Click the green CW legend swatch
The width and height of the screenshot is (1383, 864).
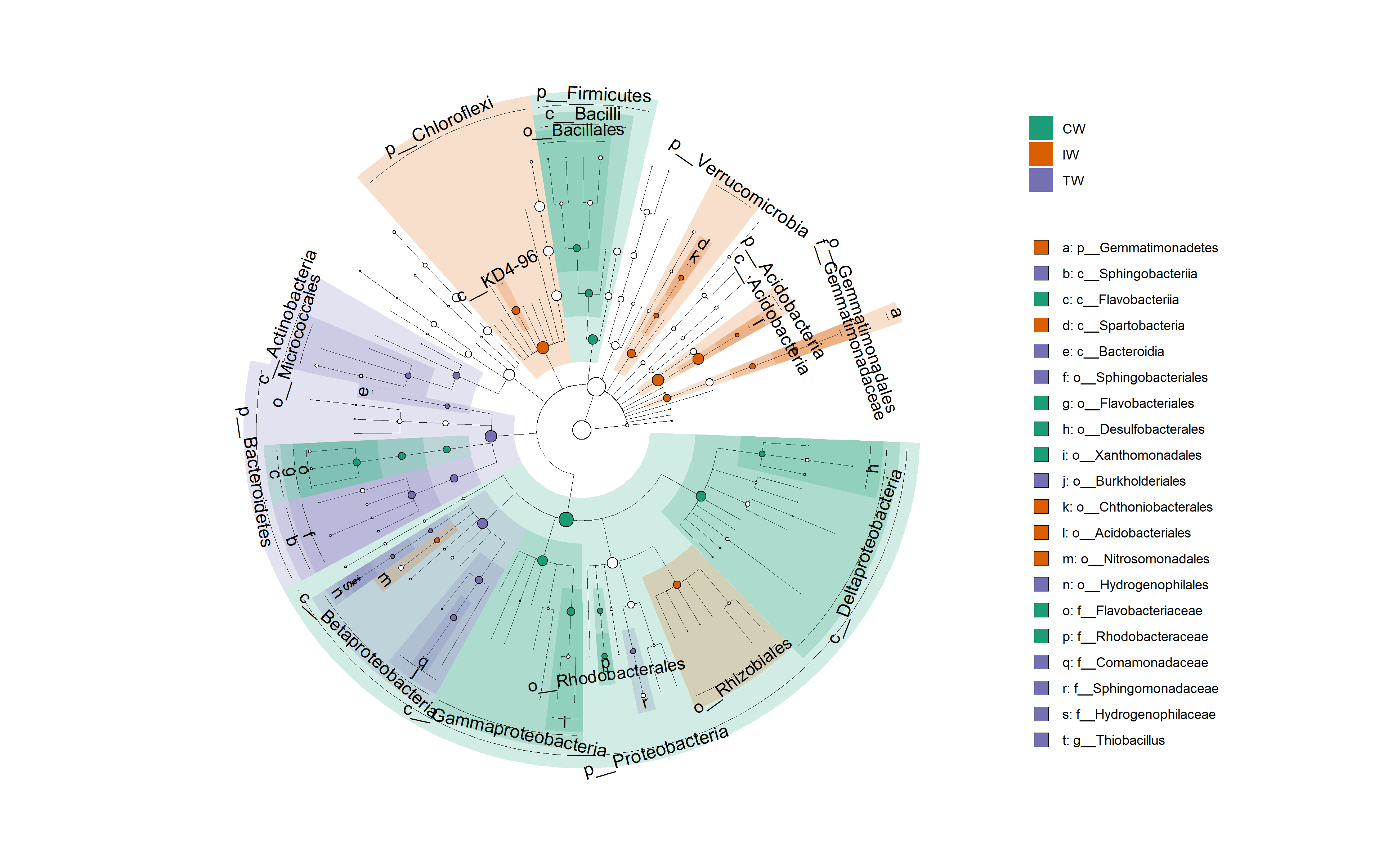point(1041,128)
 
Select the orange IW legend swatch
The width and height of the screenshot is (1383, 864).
point(1041,154)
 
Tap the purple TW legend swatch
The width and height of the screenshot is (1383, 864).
point(1041,180)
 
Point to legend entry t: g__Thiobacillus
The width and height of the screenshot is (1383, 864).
point(1113,741)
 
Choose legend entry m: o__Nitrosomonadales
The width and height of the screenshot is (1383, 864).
point(1136,559)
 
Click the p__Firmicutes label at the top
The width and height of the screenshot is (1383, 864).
point(594,94)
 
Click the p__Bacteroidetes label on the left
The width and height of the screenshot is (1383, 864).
point(254,477)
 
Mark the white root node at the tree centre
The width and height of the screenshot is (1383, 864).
point(581,430)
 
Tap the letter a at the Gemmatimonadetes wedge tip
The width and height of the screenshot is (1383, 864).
point(895,312)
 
